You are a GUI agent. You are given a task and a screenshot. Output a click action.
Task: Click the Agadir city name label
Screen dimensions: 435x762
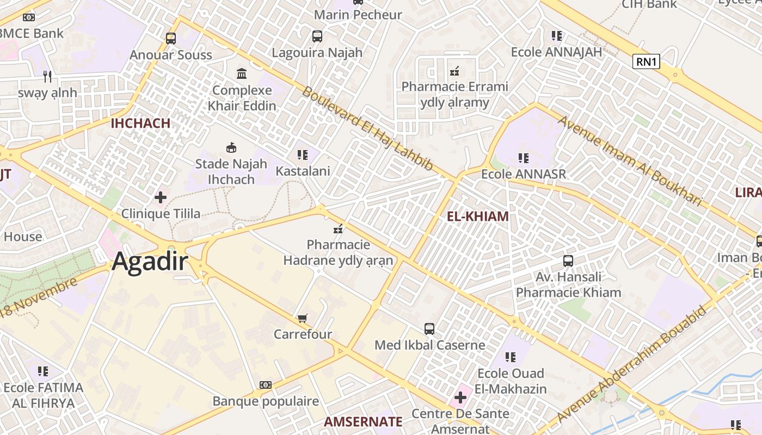point(150,263)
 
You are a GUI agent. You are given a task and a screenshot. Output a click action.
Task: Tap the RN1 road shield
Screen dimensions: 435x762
point(646,61)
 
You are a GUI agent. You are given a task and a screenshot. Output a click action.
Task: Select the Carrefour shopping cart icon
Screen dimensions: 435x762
point(303,318)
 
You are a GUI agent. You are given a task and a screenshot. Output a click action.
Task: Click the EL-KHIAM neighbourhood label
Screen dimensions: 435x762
point(477,216)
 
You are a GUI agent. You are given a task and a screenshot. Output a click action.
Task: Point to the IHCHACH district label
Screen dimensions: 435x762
point(140,123)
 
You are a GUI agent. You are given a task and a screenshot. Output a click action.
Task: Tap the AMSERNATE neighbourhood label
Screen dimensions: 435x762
point(363,421)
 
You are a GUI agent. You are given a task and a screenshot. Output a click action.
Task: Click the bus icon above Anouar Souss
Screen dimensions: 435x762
point(171,39)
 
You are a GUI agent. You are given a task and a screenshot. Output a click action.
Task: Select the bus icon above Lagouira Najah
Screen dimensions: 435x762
point(317,36)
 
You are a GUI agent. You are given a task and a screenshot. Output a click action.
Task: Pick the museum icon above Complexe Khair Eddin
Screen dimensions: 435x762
point(242,73)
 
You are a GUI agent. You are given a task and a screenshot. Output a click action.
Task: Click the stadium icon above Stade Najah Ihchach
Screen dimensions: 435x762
point(231,147)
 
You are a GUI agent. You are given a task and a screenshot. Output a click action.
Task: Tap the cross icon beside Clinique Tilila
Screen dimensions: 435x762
point(161,197)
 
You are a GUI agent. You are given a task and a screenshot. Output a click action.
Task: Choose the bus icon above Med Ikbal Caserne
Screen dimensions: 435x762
point(429,329)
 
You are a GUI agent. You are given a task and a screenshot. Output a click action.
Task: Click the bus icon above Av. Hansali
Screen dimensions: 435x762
point(568,261)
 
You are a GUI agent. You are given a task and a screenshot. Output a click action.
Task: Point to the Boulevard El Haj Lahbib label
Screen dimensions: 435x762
point(367,128)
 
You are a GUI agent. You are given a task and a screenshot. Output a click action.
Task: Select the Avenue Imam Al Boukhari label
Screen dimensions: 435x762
point(630,160)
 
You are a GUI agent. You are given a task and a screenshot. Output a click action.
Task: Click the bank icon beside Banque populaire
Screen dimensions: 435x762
point(266,385)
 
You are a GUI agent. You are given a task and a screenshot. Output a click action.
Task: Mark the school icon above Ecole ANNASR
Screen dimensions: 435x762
point(524,158)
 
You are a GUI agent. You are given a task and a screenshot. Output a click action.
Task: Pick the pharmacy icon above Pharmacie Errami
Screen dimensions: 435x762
point(454,71)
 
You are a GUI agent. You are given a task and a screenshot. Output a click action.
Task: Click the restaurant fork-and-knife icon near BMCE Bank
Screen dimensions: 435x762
point(47,76)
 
